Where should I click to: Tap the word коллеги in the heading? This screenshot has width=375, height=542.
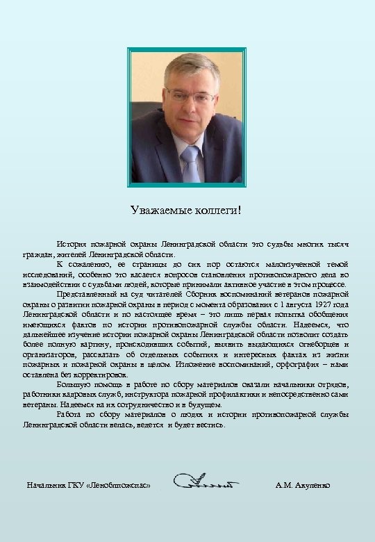point(215,211)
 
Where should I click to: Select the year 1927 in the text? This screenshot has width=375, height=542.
point(318,304)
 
